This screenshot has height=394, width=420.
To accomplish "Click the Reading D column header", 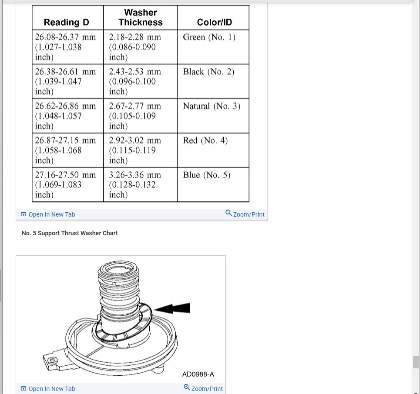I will coord(67,22).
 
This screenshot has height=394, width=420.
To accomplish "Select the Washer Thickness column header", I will coord(141,17).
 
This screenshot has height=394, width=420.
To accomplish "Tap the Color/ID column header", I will coord(215,22).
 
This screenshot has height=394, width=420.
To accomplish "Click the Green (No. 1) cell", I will coord(209,37).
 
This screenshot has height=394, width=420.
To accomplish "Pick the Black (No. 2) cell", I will coord(209,72).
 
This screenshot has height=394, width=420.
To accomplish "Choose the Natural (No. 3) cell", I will coord(212,106).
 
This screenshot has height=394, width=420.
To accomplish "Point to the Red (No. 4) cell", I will coord(205,140).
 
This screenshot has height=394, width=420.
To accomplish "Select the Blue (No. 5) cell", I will coord(207,175).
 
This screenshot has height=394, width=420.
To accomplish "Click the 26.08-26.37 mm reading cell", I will coord(65,47).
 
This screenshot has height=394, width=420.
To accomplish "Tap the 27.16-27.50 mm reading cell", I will coord(65,184).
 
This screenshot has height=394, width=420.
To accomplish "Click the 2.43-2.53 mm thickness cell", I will coord(135,81).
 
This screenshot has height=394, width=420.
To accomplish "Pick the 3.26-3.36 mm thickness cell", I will coord(135,184).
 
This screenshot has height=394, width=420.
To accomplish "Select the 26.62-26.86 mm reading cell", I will coord(65,116).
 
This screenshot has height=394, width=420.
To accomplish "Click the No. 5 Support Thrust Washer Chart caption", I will coord(70,233).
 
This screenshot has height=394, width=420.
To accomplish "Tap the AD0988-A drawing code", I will coord(198,374).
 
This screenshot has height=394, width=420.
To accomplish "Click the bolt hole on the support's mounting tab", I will coord(53,360).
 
